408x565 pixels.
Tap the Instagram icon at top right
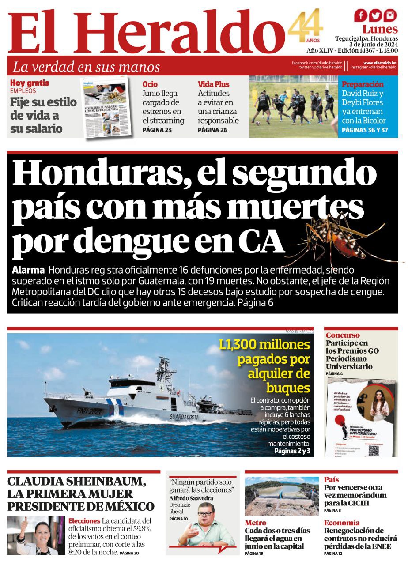click(x=389, y=16)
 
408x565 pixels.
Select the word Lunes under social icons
click(x=380, y=30)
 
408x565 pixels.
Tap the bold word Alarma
click(x=28, y=270)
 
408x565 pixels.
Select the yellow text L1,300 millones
click(x=264, y=344)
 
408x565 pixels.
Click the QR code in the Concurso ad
click(x=374, y=450)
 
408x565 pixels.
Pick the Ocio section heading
click(x=150, y=84)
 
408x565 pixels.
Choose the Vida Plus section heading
click(x=214, y=84)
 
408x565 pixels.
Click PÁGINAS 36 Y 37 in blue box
click(x=365, y=130)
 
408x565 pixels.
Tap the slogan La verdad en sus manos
click(x=86, y=67)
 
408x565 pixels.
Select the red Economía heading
click(x=342, y=523)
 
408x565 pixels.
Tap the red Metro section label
click(x=255, y=523)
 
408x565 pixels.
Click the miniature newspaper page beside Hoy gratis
click(x=106, y=107)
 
